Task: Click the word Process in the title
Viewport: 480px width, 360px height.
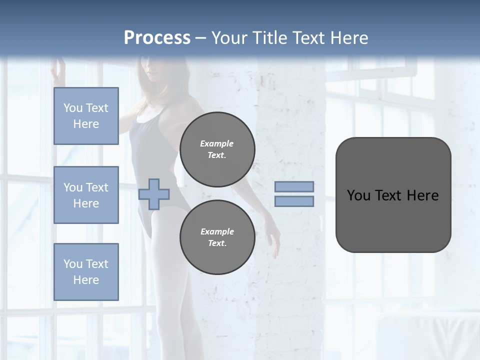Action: point(157,37)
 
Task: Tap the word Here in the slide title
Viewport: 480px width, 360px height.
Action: point(350,37)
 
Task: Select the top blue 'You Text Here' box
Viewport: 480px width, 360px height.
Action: point(86,116)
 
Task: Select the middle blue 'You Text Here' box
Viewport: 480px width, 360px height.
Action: point(86,195)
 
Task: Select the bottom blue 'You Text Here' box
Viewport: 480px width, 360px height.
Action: point(86,271)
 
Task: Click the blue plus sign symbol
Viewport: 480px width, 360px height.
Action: point(154,194)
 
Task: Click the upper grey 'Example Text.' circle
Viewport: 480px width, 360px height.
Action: point(217,149)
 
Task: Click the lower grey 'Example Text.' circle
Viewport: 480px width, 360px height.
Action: point(217,237)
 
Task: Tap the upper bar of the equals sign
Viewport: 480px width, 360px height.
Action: point(294,186)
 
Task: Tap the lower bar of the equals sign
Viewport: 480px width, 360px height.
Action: point(294,201)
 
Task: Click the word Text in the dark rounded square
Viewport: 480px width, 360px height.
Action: point(388,195)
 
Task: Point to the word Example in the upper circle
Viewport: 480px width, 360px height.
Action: point(217,143)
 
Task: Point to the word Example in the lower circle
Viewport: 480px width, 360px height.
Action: point(217,231)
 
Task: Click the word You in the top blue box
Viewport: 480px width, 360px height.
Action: point(72,108)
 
